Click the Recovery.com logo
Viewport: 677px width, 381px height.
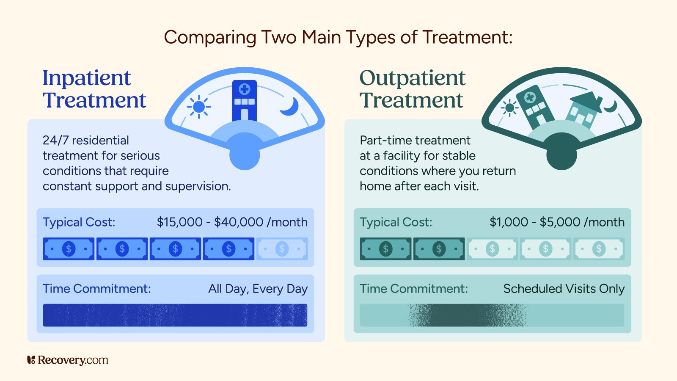point(68,360)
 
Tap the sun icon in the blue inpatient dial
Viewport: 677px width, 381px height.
point(198,107)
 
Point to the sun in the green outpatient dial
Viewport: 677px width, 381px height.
point(510,108)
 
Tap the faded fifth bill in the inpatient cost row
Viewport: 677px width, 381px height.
point(282,249)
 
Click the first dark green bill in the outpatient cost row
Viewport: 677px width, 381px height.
point(385,249)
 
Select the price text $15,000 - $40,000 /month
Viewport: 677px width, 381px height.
point(232,222)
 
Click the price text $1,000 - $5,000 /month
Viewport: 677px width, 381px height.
point(557,222)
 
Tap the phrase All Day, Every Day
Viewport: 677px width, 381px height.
point(258,289)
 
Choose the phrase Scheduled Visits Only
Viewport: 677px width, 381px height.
point(564,289)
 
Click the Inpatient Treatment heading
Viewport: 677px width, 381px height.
point(94,89)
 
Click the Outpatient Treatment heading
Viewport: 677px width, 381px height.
point(412,89)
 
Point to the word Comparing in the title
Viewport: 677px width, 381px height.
point(210,37)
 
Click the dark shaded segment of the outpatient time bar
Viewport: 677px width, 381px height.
point(468,315)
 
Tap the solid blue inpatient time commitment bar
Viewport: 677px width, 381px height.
point(175,315)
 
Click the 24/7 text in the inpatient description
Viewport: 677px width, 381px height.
point(55,140)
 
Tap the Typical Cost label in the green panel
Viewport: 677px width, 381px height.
point(396,222)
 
